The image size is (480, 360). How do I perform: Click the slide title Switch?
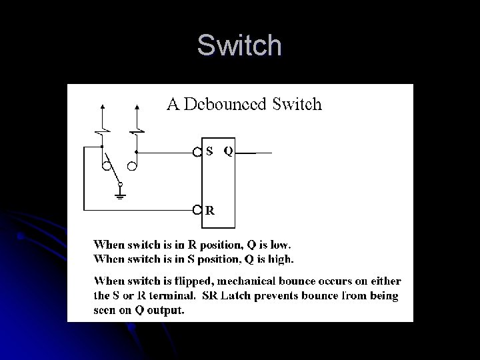point(239,45)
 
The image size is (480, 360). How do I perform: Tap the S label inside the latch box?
point(209,151)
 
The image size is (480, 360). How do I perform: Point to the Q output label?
point(228,151)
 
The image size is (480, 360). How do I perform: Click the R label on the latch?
point(210,211)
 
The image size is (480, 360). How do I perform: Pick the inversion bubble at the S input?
point(197,152)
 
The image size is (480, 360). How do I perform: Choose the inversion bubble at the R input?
point(197,211)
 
